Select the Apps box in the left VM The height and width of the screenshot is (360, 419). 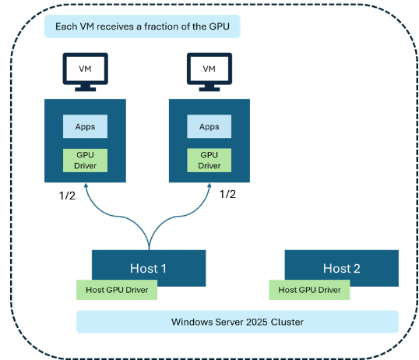[85, 126]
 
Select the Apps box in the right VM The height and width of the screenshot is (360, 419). [209, 126]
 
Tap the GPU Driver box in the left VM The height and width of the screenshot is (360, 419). [85, 160]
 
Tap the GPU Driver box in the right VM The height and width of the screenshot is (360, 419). [209, 160]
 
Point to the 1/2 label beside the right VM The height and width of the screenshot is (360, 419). [227, 194]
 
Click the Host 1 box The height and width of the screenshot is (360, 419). [148, 267]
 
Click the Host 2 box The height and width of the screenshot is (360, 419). [341, 267]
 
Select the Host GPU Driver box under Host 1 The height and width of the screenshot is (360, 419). [117, 290]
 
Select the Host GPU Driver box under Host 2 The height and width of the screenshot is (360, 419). [309, 290]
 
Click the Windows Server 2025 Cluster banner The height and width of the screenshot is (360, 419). [237, 322]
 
